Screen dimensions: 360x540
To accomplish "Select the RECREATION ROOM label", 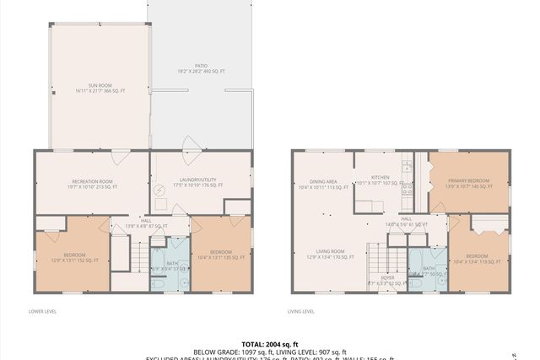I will [x=92, y=184].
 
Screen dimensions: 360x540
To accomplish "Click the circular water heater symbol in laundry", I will [x=159, y=191].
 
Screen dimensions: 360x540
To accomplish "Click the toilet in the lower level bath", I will [x=157, y=284].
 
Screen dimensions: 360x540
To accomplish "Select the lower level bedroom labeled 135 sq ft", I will [x=220, y=255].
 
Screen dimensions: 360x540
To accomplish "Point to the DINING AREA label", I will [x=323, y=184].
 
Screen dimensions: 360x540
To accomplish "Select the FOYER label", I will [x=386, y=279].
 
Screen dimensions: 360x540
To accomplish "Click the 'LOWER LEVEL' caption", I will [x=42, y=312].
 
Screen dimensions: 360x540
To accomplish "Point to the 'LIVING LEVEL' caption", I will [x=302, y=312].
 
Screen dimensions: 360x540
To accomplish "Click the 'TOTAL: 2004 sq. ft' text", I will [x=270, y=344].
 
